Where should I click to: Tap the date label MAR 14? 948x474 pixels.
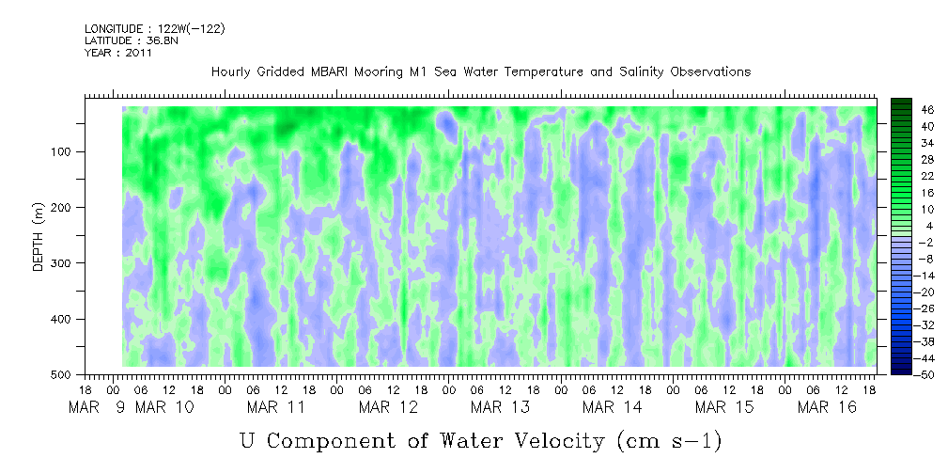[x=612, y=407]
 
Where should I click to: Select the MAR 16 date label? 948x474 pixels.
[x=827, y=407]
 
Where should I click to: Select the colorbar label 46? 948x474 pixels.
[x=927, y=110]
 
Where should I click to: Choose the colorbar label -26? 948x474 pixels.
[x=925, y=308]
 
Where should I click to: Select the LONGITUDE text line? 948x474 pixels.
[x=154, y=29]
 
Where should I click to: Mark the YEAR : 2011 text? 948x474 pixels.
[x=118, y=53]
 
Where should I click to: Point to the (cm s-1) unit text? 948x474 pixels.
[x=667, y=439]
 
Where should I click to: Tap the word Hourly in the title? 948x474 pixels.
[x=232, y=71]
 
